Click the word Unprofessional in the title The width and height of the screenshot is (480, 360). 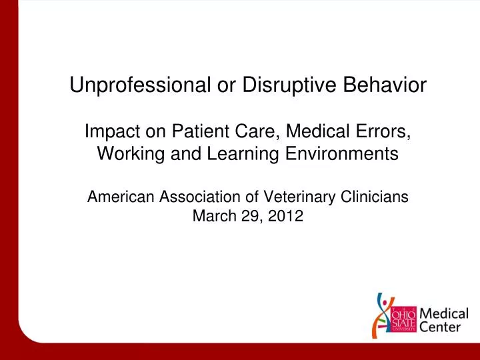(x=140, y=85)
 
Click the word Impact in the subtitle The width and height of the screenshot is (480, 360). (x=113, y=132)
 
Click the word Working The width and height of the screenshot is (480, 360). (x=131, y=154)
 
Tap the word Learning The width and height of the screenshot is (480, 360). (x=243, y=154)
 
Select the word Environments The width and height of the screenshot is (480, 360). (x=342, y=153)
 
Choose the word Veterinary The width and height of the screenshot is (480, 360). (x=299, y=197)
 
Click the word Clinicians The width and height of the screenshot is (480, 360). (x=375, y=197)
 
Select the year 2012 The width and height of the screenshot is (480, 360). (x=285, y=216)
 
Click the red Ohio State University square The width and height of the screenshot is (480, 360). (x=404, y=319)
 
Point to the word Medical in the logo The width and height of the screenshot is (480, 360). (x=444, y=314)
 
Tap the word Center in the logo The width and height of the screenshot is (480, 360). (x=440, y=327)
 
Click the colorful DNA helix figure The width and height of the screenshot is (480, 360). (x=382, y=315)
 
